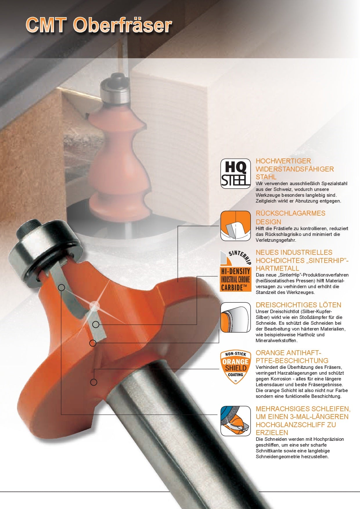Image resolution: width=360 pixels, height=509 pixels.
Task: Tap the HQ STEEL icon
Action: [235, 173]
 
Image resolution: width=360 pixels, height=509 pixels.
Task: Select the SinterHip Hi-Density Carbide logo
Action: [235, 270]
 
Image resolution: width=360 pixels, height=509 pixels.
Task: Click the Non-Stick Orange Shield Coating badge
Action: [235, 367]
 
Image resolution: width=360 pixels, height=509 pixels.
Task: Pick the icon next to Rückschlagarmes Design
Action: [235, 226]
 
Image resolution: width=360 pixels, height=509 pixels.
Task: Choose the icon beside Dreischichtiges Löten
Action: [235, 317]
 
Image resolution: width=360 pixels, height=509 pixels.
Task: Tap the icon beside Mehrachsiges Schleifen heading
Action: [235, 421]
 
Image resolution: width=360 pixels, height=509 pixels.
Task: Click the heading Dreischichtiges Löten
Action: [298, 305]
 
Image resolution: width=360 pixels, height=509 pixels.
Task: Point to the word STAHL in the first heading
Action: [266, 177]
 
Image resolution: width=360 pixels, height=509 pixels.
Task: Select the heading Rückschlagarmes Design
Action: [291, 217]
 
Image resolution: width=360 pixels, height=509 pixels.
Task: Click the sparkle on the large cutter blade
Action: [95, 306]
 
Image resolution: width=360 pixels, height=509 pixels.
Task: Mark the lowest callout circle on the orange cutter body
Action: [94, 382]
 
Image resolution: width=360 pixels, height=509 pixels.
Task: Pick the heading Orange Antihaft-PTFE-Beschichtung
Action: [292, 357]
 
